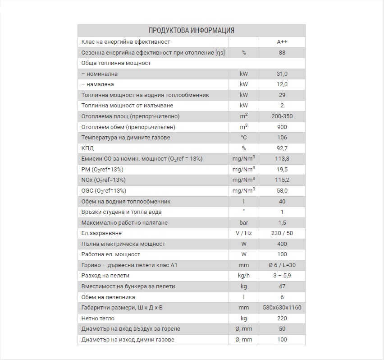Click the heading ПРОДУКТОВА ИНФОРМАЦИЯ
click(x=191, y=31)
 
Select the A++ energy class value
click(x=282, y=42)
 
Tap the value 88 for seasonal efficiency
click(x=282, y=53)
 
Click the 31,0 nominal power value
click(x=282, y=74)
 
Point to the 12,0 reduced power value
click(x=282, y=84)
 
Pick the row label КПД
click(x=87, y=148)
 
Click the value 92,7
click(x=282, y=148)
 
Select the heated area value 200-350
click(x=282, y=116)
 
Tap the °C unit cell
click(x=243, y=138)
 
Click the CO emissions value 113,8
click(x=282, y=159)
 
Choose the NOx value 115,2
click(x=282, y=180)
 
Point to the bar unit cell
click(x=243, y=223)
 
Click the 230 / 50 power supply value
click(x=282, y=233)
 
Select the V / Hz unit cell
click(x=243, y=233)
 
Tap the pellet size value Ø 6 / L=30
click(x=282, y=265)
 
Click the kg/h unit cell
click(x=243, y=276)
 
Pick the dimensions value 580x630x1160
click(x=282, y=308)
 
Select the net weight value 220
click(x=282, y=318)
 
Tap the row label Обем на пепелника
click(x=108, y=297)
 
